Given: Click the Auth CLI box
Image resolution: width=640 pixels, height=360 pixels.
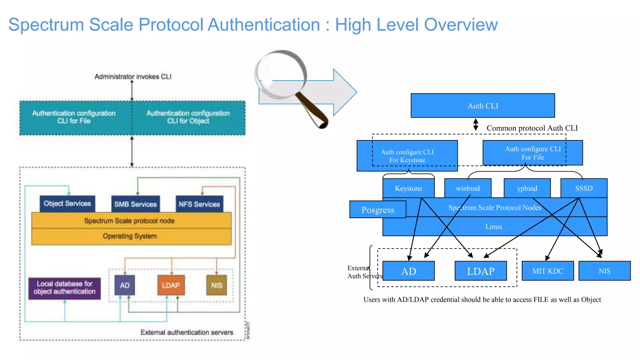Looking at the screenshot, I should (x=482, y=106).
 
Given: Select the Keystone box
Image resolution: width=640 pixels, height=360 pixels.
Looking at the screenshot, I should (x=408, y=188).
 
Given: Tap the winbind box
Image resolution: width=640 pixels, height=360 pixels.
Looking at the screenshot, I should (x=467, y=188).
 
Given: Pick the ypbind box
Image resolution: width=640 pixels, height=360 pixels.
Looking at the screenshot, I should (x=527, y=188).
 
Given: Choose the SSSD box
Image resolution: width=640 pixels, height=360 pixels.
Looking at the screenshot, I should (x=584, y=188).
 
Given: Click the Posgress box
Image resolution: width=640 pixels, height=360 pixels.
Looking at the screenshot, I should (x=377, y=210).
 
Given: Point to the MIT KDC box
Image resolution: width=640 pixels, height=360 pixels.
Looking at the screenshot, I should (x=547, y=271).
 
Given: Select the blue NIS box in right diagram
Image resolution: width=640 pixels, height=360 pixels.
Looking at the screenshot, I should (x=604, y=271).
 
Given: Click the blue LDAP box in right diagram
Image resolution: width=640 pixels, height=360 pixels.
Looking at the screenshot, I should (x=481, y=271).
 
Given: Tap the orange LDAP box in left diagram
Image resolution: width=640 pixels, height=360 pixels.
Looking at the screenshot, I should (x=171, y=285).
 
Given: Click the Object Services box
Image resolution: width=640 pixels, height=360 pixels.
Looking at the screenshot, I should (x=67, y=203).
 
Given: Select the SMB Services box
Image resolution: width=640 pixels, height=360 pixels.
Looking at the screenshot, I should (x=135, y=204).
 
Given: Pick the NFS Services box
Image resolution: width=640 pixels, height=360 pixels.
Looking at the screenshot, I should (x=199, y=204).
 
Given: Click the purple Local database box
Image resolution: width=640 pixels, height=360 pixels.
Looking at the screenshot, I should (x=64, y=288).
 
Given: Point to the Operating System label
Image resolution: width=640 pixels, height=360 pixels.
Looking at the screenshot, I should (x=130, y=236).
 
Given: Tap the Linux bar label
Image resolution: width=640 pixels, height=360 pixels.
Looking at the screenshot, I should (x=494, y=227).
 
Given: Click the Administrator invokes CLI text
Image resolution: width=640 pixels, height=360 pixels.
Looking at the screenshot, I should (x=133, y=77).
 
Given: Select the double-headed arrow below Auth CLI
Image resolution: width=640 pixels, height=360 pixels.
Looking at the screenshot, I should (x=476, y=124).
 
